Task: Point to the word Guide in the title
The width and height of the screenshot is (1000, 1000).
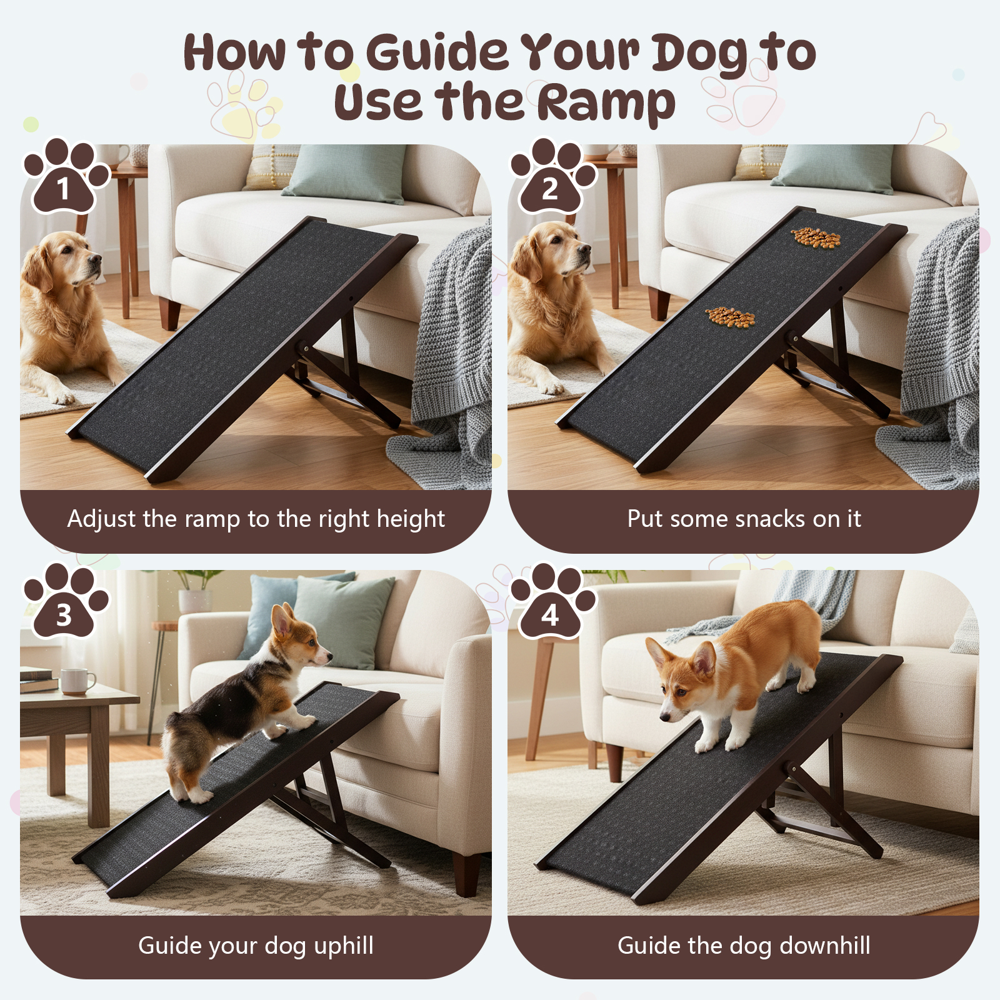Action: click(437, 51)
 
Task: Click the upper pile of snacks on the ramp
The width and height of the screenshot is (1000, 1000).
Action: click(816, 237)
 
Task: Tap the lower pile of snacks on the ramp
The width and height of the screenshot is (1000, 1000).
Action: click(730, 317)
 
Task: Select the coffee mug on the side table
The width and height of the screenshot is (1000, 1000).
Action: click(77, 681)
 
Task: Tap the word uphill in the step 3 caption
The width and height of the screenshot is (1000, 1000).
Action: click(344, 945)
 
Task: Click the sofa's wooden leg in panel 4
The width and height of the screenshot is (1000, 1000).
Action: click(614, 762)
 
